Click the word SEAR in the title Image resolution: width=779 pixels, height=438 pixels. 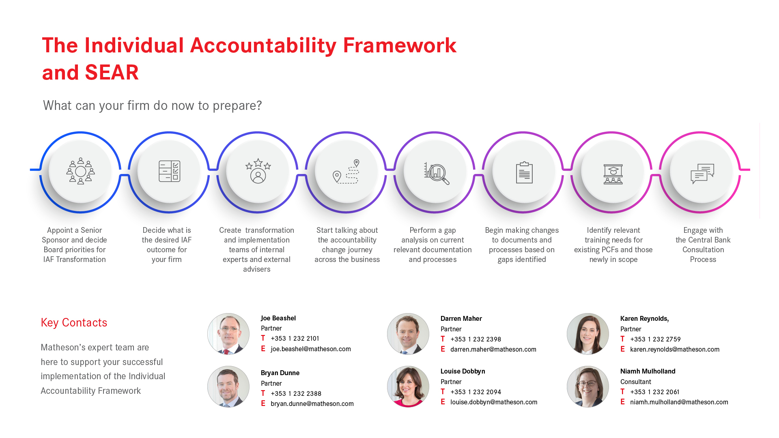pyautogui.click(x=112, y=73)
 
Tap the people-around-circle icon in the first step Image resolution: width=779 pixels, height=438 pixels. pyautogui.click(x=80, y=171)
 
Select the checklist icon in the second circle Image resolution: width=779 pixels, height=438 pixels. pyautogui.click(x=169, y=171)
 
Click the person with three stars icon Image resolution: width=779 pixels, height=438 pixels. pyautogui.click(x=258, y=171)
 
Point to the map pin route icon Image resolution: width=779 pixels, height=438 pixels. pyautogui.click(x=346, y=171)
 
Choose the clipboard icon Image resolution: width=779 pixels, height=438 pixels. pyautogui.click(x=524, y=172)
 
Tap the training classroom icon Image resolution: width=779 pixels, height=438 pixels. pyautogui.click(x=613, y=174)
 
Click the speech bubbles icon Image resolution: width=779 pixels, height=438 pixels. pyautogui.click(x=702, y=174)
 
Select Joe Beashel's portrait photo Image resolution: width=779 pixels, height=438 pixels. pyautogui.click(x=228, y=334)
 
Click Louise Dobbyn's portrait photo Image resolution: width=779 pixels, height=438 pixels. pyautogui.click(x=408, y=386)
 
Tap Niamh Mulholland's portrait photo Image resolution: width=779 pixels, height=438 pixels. pyautogui.click(x=588, y=386)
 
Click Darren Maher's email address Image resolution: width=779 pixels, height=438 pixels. pyautogui.click(x=493, y=349)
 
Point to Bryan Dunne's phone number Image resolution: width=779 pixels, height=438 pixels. pyautogui.click(x=296, y=393)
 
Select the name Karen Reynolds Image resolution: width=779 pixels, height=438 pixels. pyautogui.click(x=644, y=319)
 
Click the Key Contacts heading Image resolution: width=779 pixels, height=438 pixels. pyautogui.click(x=74, y=322)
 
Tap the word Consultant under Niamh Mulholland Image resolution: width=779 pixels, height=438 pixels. pyautogui.click(x=636, y=382)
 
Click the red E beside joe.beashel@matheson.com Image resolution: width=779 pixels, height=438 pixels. pyautogui.click(x=263, y=349)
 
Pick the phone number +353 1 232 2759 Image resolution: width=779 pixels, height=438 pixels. pyautogui.click(x=656, y=339)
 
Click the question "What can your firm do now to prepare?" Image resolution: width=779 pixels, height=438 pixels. pyautogui.click(x=153, y=105)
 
